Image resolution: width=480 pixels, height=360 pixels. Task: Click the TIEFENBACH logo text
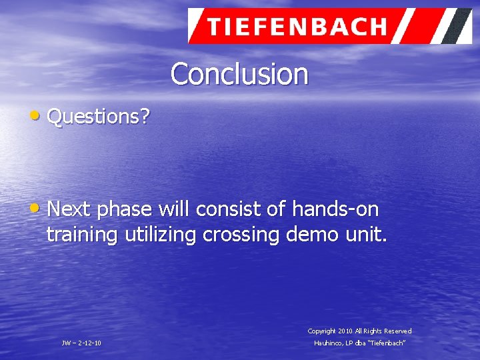[x=296, y=27]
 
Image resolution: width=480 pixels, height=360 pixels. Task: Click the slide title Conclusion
[x=239, y=74]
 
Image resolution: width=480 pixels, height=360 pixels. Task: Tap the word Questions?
[x=99, y=117]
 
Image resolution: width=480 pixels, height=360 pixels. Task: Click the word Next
[x=70, y=210]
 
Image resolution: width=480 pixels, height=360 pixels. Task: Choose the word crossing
[x=243, y=235]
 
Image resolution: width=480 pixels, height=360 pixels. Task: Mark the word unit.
[x=365, y=235]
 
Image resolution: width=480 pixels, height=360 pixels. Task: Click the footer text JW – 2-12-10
[x=81, y=343]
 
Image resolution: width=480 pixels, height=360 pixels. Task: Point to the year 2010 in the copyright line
[x=345, y=331]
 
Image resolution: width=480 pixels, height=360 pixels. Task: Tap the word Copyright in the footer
[x=321, y=331]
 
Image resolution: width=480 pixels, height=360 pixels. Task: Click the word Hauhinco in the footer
[x=329, y=343]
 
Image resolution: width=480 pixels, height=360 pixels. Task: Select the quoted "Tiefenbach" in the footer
[x=388, y=343]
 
